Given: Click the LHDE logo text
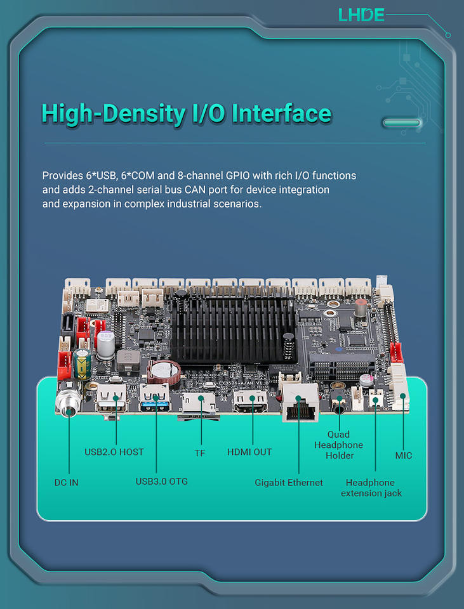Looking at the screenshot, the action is tap(361, 15).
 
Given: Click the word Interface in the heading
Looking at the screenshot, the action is tap(281, 114).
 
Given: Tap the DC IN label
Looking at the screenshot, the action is tap(67, 483).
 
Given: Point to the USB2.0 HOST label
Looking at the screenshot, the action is tap(114, 452).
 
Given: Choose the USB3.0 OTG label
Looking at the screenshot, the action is tap(162, 481).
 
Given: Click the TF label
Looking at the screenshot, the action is tap(200, 453).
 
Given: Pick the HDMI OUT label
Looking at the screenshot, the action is tap(249, 452).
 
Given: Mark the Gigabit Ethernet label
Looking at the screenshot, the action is tap(289, 483).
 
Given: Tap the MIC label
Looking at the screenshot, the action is tap(404, 455).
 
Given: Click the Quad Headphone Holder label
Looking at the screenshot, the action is tap(339, 445).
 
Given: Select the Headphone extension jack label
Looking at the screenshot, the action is tap(371, 488).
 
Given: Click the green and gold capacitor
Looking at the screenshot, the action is tap(83, 361).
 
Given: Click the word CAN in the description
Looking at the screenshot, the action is tap(192, 190).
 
